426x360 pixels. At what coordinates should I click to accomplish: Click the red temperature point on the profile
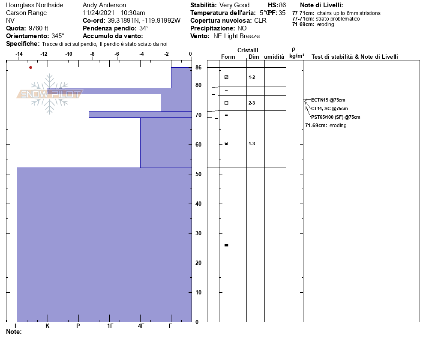[30, 67]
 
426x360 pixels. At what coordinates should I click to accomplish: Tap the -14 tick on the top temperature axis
[19, 54]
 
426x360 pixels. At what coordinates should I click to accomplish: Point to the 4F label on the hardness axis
[141, 326]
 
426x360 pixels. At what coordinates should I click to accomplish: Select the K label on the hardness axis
[48, 326]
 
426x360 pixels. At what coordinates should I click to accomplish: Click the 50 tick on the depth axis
[198, 174]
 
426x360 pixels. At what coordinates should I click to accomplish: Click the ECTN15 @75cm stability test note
[328, 100]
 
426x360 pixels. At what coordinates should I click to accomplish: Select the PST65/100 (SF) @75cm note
[336, 117]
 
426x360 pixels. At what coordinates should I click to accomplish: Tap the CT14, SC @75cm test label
[329, 108]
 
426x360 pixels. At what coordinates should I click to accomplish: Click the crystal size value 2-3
[252, 103]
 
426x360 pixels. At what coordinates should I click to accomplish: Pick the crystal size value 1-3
[252, 144]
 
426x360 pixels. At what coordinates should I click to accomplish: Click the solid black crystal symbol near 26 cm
[226, 245]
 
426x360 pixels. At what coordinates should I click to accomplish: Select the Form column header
[228, 57]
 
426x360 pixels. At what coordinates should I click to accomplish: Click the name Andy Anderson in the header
[104, 5]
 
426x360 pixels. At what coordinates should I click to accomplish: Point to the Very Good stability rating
[234, 5]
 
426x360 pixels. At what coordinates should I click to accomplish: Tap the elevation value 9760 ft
[38, 28]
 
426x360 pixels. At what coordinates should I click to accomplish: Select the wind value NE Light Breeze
[237, 36]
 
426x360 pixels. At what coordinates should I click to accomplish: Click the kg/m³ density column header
[297, 56]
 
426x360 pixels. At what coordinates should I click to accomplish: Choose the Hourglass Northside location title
[34, 5]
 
